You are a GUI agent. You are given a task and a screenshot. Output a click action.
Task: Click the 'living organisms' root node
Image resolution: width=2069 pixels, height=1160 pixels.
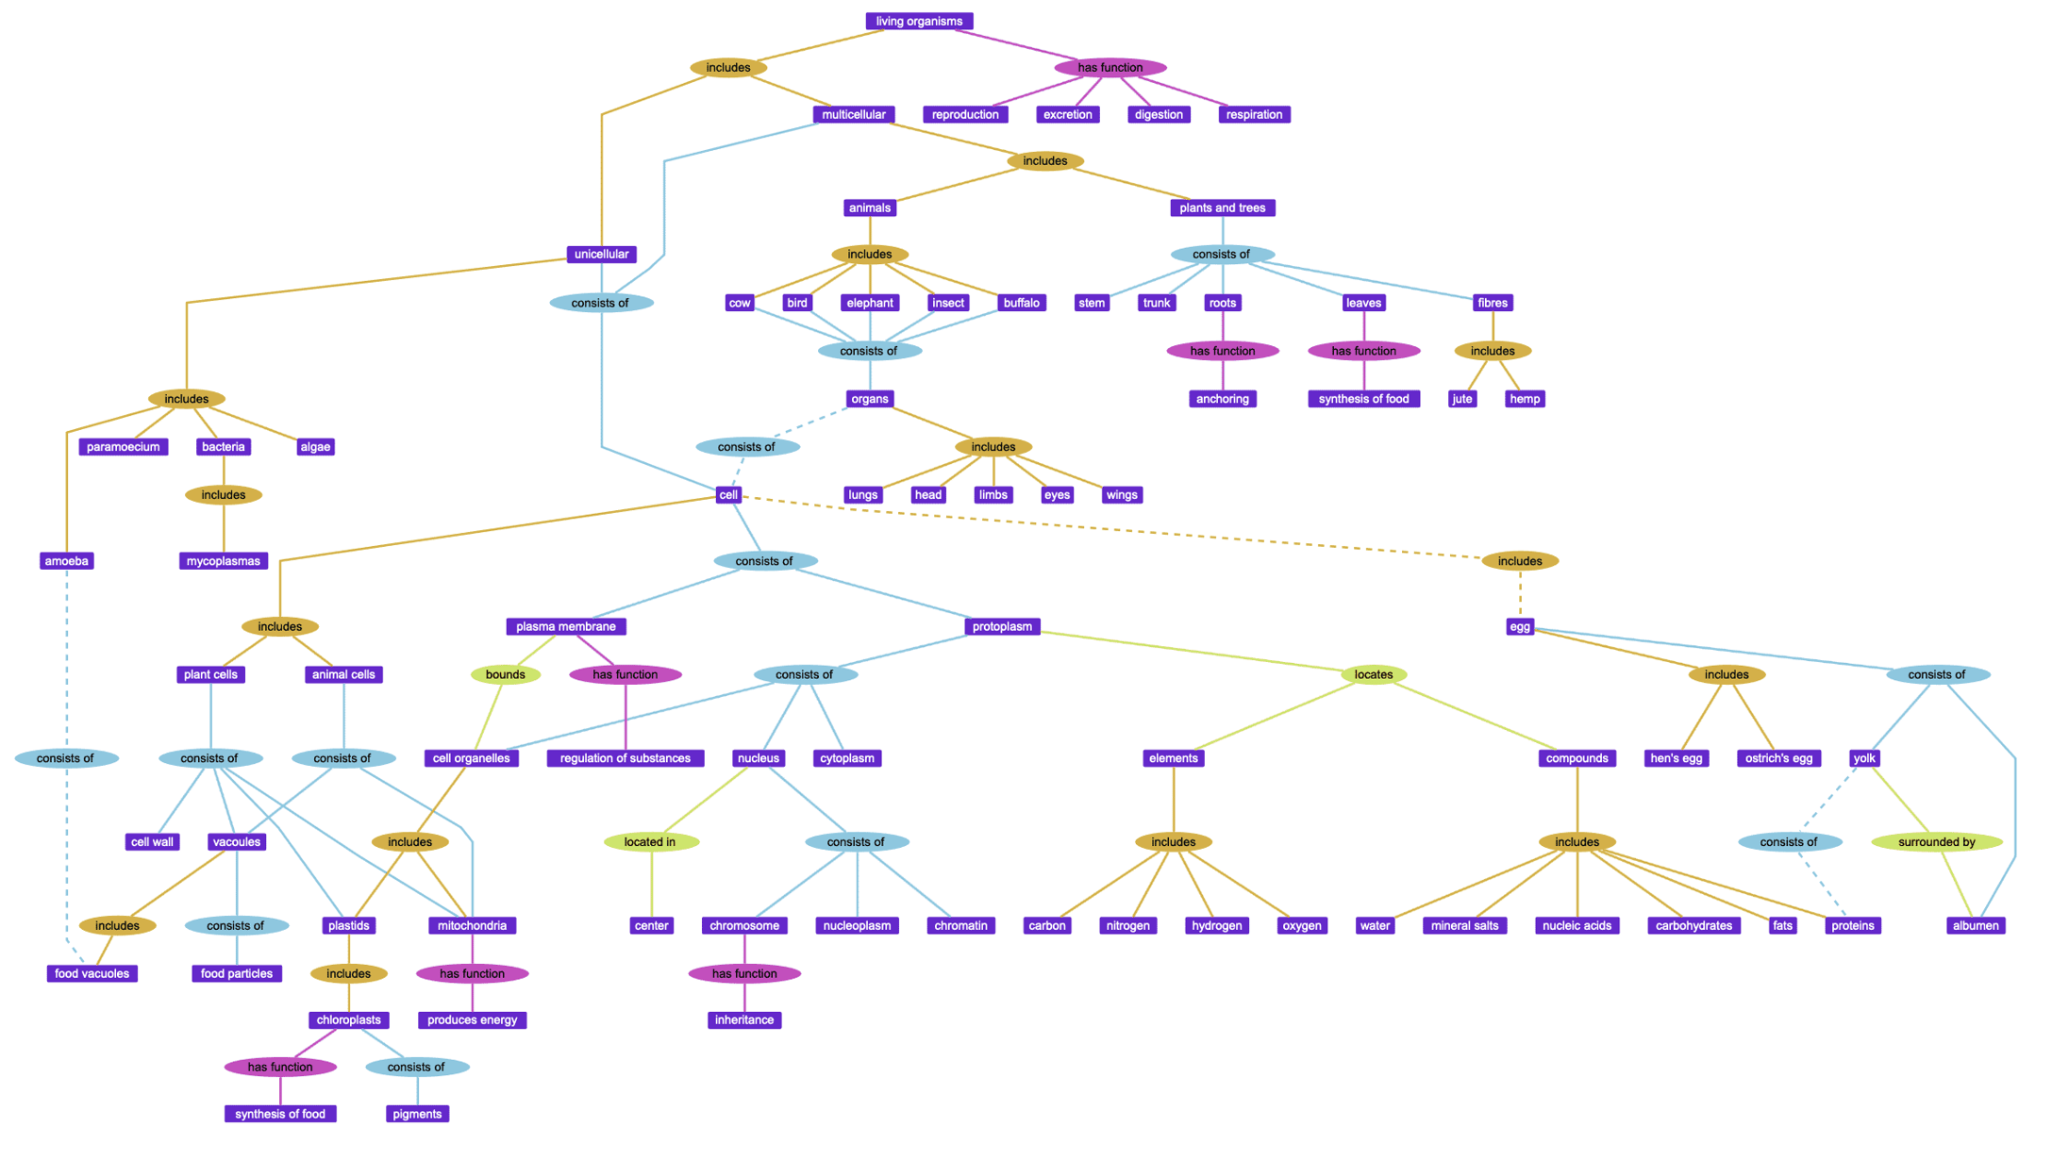[918, 21]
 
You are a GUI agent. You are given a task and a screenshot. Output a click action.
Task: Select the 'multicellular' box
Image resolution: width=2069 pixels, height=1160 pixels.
[853, 114]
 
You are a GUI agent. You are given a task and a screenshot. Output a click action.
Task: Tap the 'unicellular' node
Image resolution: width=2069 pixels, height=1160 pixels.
[601, 254]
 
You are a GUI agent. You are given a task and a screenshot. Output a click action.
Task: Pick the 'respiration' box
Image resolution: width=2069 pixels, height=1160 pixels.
[1253, 114]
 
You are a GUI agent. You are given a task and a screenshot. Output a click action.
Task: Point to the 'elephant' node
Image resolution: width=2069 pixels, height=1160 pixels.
[869, 303]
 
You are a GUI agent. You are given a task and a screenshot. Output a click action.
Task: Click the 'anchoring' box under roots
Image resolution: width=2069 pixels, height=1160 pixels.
[1222, 399]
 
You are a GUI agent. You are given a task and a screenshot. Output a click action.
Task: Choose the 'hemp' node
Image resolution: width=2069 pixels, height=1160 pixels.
[1524, 399]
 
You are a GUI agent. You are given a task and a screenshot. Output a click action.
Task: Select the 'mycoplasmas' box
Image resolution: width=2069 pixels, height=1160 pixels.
[223, 561]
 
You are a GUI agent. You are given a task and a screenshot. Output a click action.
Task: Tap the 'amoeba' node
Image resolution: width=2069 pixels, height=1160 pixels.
[66, 561]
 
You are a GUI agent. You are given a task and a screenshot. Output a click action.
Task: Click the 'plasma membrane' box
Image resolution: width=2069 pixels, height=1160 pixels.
[565, 626]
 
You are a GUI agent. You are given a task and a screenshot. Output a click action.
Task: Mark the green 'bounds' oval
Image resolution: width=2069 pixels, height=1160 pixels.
[505, 674]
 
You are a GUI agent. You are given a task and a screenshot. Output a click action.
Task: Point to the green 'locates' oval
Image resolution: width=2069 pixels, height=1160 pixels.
[1373, 674]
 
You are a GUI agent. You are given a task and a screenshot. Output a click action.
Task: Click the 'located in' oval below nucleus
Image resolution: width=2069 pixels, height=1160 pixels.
[650, 841]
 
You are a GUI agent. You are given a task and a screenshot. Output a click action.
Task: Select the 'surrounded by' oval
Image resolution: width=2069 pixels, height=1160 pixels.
[1936, 841]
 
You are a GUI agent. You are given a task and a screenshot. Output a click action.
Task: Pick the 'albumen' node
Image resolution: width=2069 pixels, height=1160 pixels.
[1975, 925]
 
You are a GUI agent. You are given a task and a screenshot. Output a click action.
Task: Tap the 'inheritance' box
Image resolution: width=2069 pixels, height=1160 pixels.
[743, 1019]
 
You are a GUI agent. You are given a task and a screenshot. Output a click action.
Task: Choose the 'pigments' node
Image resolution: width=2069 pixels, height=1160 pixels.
[417, 1114]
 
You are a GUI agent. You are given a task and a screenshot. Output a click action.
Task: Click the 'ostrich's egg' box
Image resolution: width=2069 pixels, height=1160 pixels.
[1777, 758]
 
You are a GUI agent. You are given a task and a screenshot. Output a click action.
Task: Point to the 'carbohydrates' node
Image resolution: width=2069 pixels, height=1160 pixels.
[1693, 925]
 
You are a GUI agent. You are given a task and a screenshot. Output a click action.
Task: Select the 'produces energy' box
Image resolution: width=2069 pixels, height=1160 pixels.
[472, 1019]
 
